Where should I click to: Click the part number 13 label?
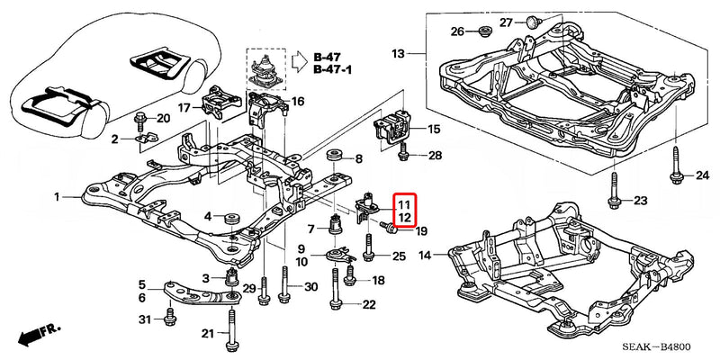point(399,54)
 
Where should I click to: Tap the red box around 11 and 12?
point(405,211)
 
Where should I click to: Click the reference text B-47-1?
point(332,69)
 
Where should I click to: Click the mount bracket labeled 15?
point(394,130)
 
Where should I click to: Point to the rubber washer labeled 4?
point(229,217)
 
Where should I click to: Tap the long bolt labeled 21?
point(233,331)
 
